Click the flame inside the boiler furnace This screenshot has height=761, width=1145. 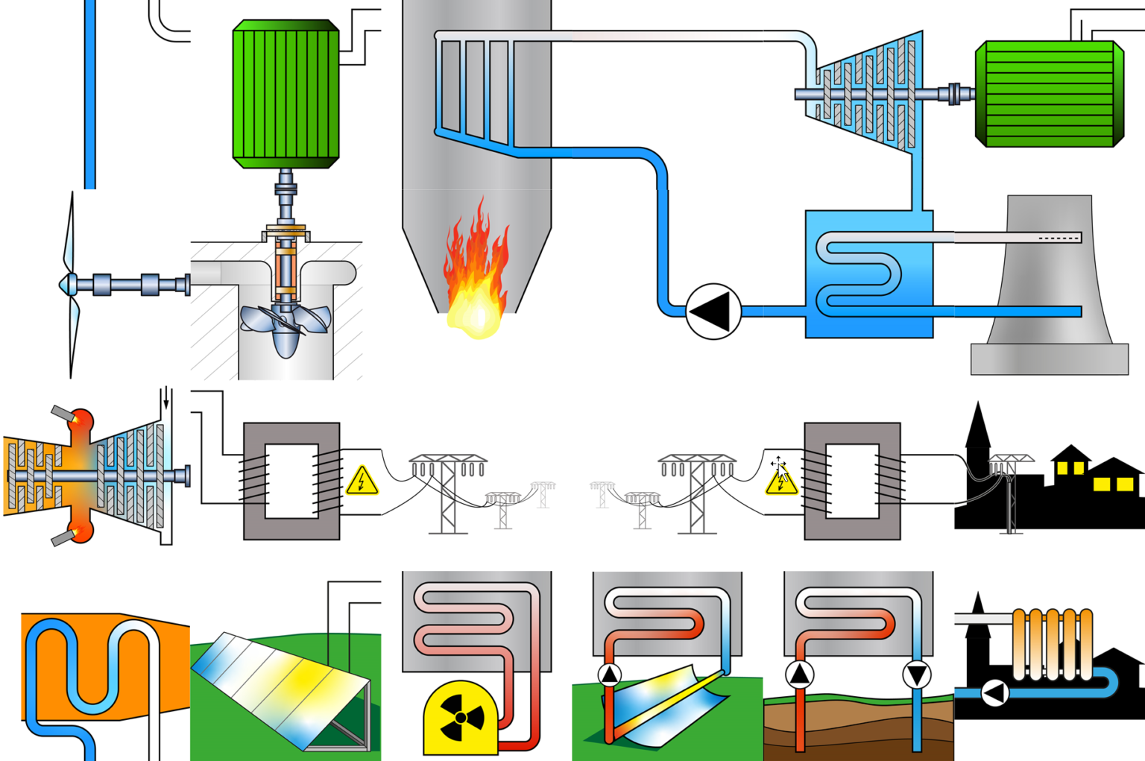(x=476, y=276)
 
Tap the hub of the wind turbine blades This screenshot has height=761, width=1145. (x=69, y=284)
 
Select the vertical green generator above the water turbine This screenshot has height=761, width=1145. (x=286, y=93)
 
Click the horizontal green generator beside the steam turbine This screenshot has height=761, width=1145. (x=1049, y=93)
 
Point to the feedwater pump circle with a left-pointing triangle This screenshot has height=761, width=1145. (x=713, y=312)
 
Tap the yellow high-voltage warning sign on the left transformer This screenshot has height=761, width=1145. (x=362, y=481)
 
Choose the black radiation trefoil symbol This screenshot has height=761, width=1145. (x=461, y=718)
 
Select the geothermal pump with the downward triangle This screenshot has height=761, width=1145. (x=916, y=675)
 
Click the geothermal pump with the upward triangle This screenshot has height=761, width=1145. (x=800, y=675)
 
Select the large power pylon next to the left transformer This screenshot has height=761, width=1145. (x=447, y=492)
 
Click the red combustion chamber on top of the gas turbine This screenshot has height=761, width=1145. (x=81, y=422)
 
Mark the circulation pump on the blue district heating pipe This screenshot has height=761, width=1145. (x=994, y=693)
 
